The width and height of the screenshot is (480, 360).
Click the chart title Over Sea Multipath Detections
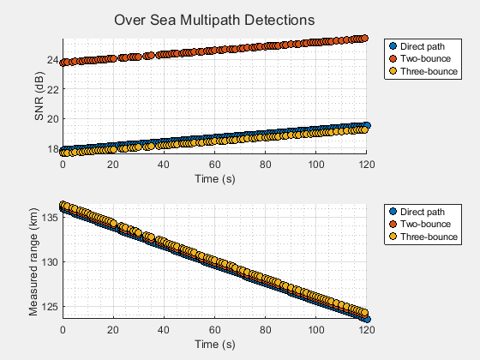click(214, 19)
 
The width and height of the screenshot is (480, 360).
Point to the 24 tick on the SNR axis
click(52, 60)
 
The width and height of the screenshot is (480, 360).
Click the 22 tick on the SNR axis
click(52, 89)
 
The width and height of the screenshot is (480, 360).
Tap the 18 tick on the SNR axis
click(52, 148)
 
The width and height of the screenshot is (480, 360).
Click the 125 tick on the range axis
click(50, 306)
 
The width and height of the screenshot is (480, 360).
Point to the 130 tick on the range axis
click(50, 261)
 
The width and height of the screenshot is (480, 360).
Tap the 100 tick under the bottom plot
click(316, 329)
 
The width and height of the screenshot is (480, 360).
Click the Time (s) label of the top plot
click(215, 177)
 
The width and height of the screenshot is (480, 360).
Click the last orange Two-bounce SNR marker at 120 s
click(365, 39)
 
